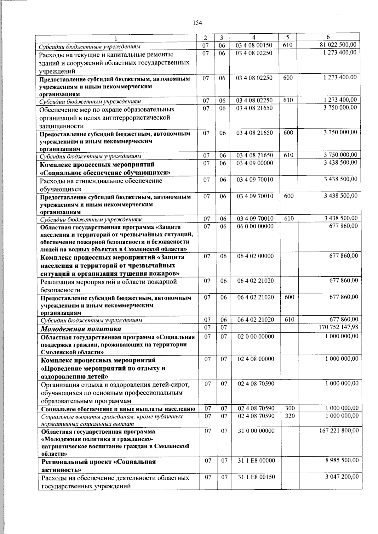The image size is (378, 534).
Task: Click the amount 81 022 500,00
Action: (338, 45)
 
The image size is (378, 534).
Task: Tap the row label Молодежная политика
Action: (81, 329)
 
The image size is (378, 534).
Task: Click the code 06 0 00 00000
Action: (255, 226)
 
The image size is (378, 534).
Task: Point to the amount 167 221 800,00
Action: (339, 430)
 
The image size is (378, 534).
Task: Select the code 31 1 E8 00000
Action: (256, 460)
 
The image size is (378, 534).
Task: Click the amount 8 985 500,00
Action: (342, 460)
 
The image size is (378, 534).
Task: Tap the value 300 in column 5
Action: (289, 408)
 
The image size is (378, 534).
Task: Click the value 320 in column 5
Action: (289, 416)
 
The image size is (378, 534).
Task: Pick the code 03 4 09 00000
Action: (255, 163)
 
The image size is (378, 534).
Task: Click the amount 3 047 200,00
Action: (342, 477)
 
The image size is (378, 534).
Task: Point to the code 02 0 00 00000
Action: (256, 336)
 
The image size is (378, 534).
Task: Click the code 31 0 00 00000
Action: (256, 430)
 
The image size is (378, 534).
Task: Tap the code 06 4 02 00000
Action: (255, 256)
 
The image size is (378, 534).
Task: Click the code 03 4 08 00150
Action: (254, 45)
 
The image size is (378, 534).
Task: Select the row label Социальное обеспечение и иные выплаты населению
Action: (118, 409)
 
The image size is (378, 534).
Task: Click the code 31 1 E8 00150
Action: (256, 477)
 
